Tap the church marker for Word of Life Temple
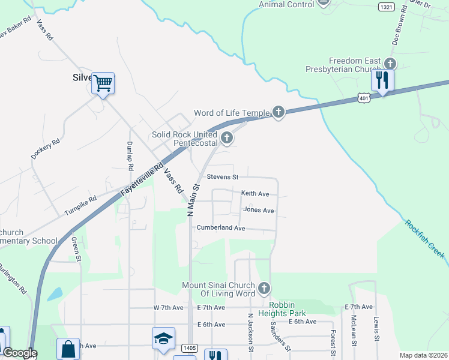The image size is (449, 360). coord(278,112)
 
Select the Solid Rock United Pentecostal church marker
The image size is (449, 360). coord(226,139)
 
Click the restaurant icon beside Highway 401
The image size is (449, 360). coord(382,80)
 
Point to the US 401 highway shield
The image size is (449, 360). coord(363,97)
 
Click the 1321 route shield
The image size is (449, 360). coord(387,7)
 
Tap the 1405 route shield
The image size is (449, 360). coord(190,348)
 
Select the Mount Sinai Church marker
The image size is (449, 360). coord(264,289)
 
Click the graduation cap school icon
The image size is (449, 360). coord(163,339)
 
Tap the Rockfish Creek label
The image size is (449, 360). coord(425,239)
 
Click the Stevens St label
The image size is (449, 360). coord(223,177)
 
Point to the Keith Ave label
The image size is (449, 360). coord(255,194)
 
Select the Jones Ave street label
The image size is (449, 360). coord(259,211)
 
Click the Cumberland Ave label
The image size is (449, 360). coord(221,228)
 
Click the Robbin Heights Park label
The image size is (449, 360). coord(282,313)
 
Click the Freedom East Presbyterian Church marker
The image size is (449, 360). coord(390,64)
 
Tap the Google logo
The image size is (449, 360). coord(20,353)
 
